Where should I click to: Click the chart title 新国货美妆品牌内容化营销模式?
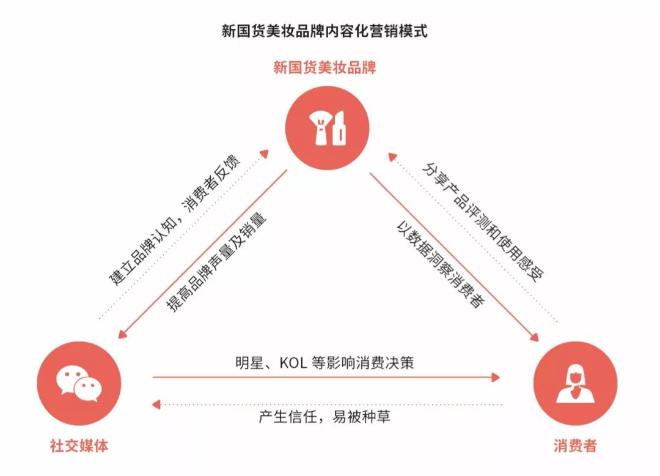[x=324, y=31]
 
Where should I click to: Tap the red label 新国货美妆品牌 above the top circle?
[x=324, y=67]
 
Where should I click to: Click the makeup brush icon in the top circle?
[x=319, y=127]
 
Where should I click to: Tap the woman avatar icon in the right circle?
[x=575, y=384]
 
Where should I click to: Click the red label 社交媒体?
[x=79, y=445]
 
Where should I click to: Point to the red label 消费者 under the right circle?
[x=575, y=445]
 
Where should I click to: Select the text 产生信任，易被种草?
[x=324, y=417]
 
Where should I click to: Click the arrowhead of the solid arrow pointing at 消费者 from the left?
[x=496, y=377]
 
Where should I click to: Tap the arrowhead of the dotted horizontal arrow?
[x=156, y=404]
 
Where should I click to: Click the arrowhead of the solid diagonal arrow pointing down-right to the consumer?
[x=534, y=337]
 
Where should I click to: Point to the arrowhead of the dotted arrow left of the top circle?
[x=267, y=151]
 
